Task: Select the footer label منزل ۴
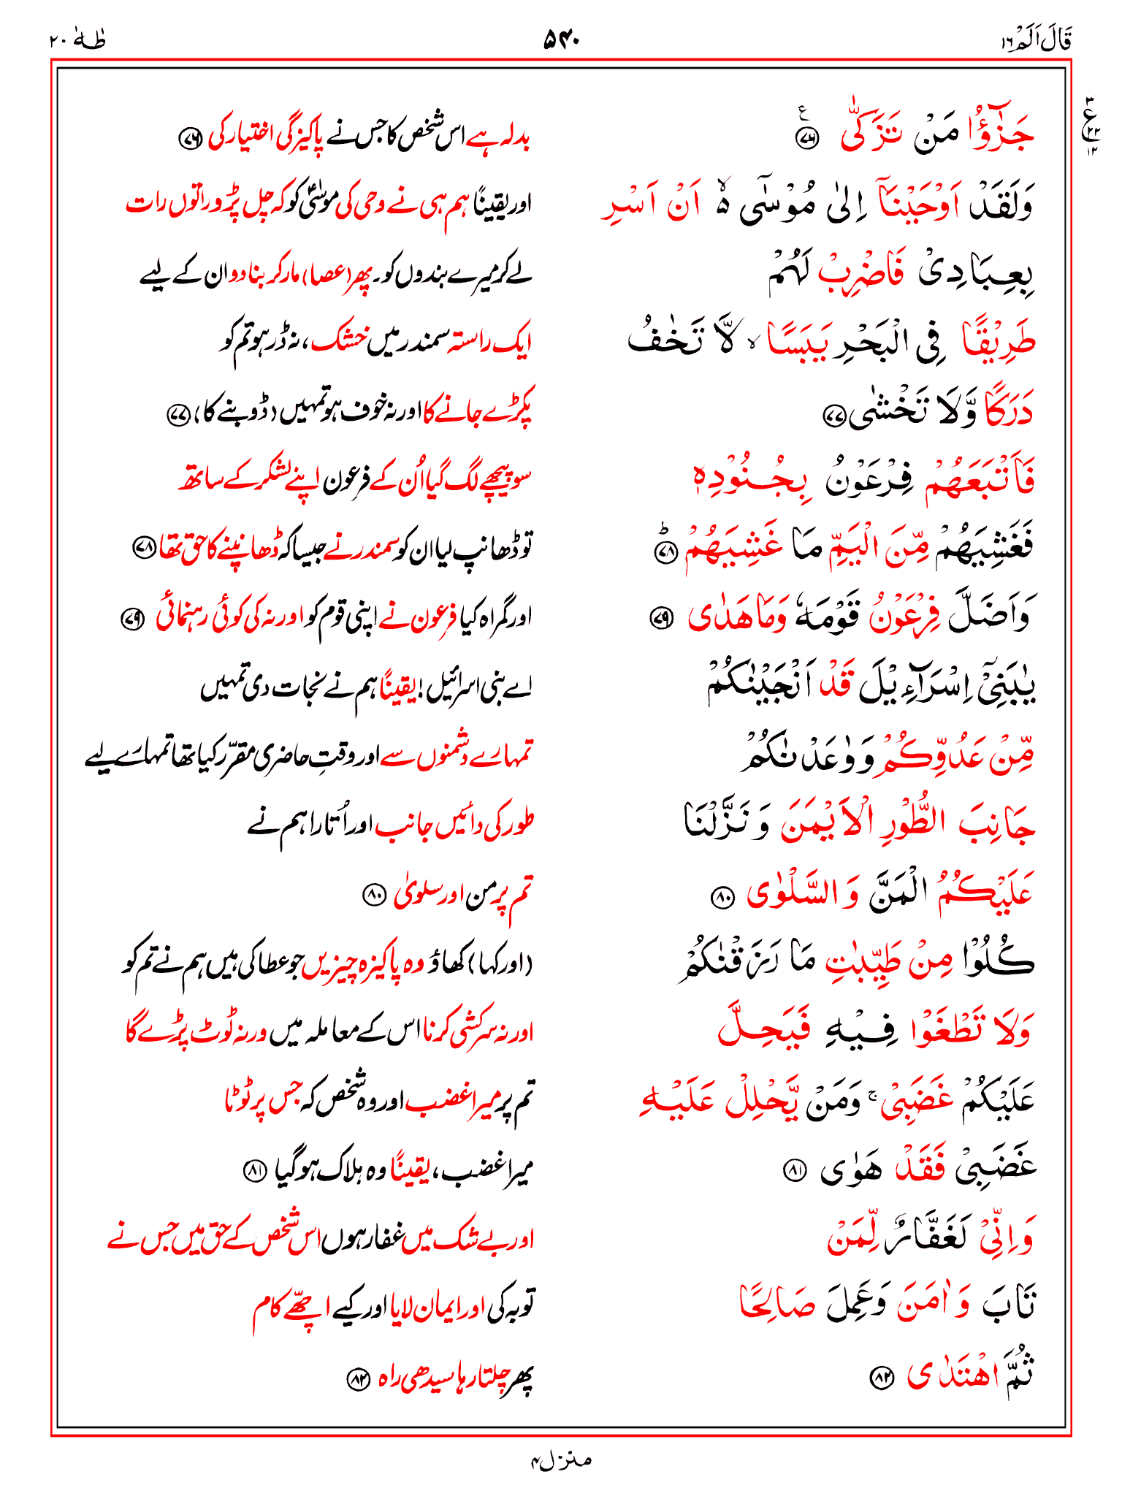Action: click(561, 1460)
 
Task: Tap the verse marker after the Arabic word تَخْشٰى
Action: click(833, 416)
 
